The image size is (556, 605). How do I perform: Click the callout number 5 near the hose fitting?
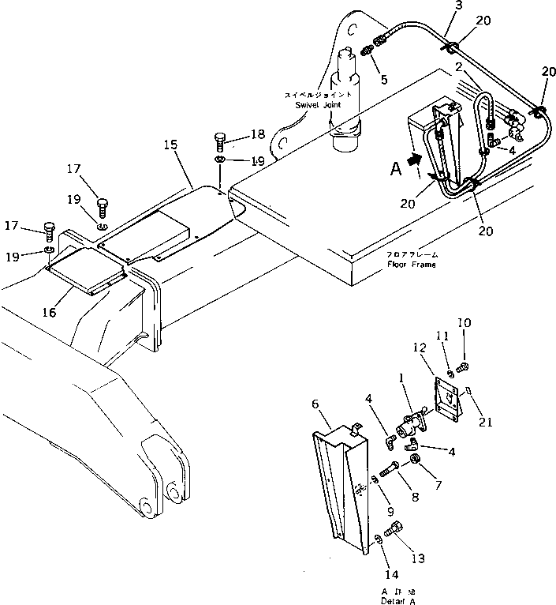383,79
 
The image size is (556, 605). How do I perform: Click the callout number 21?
486,423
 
